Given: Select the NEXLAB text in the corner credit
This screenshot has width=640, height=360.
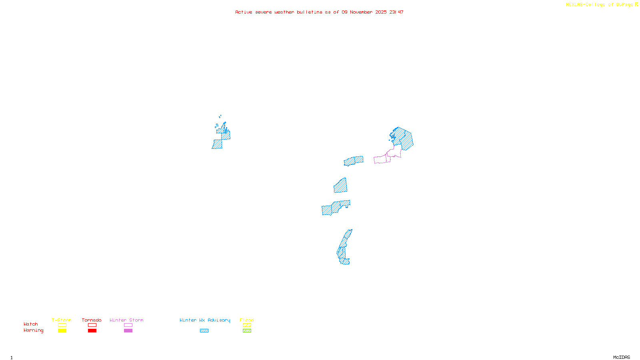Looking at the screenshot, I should click(x=574, y=4).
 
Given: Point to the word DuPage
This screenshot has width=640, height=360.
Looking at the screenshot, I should click(x=625, y=4).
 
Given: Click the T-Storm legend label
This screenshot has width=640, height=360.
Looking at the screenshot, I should click(x=62, y=320).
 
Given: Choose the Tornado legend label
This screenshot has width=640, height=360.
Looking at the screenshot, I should click(x=92, y=320).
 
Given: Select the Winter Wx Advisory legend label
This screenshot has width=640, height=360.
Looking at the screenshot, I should click(x=205, y=320).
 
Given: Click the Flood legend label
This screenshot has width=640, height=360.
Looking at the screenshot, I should click(x=247, y=320).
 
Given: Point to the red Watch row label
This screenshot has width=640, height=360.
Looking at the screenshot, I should click(x=31, y=324).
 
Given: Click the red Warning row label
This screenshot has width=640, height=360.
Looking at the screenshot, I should click(x=33, y=330).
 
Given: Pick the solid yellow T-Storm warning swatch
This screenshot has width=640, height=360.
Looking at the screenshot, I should click(x=62, y=331).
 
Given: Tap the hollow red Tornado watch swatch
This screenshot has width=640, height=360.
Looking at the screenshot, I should click(x=92, y=325).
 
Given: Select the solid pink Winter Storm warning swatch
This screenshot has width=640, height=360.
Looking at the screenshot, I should click(x=128, y=331).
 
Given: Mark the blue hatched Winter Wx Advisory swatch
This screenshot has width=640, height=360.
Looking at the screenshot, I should click(x=204, y=331).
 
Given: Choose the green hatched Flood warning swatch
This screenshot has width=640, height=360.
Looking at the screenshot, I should click(x=247, y=331).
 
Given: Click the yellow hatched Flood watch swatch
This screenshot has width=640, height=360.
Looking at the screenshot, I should click(x=247, y=325).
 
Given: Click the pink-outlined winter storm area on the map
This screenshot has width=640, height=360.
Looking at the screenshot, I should click(x=382, y=160).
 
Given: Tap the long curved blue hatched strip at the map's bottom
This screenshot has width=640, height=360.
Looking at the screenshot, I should click(x=343, y=248).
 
